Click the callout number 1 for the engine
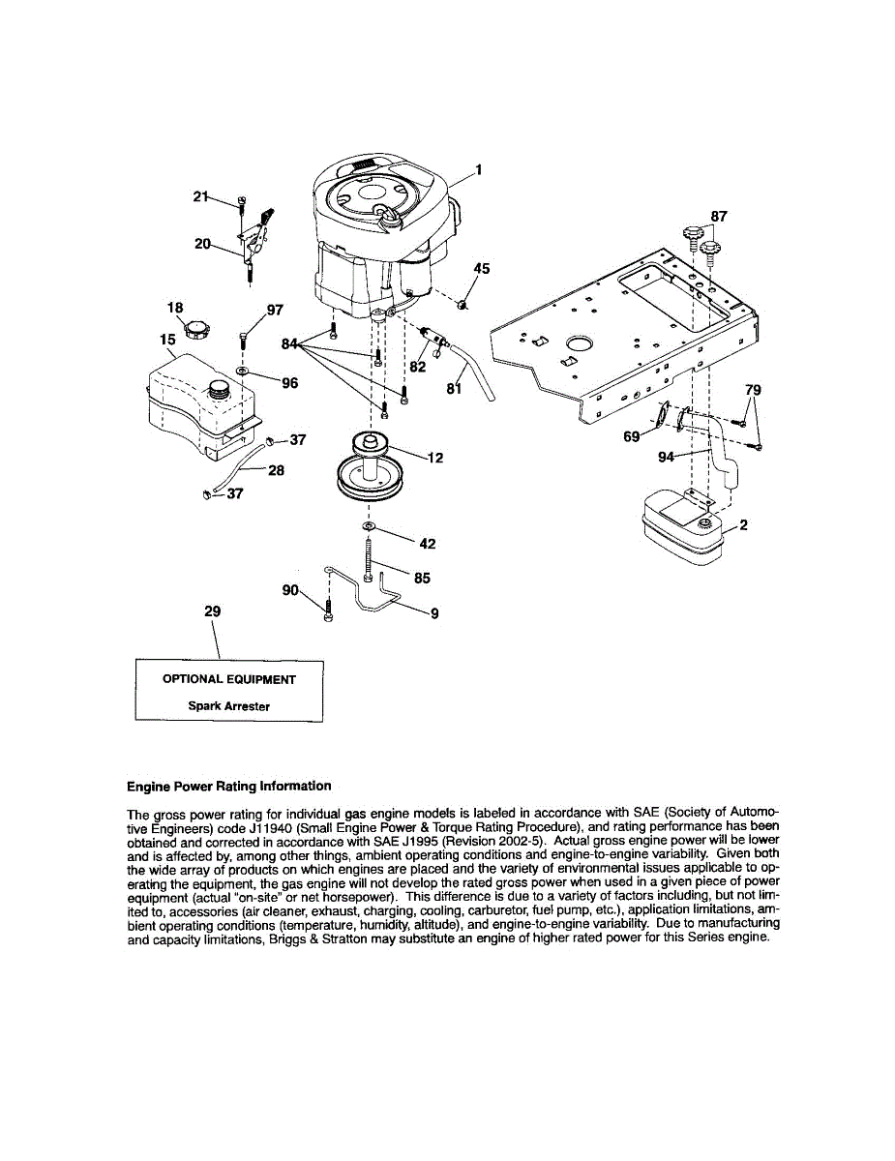(479, 170)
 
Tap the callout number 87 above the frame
(719, 217)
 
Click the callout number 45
(481, 269)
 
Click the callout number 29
(213, 611)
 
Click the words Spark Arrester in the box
(228, 706)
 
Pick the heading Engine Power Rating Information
(228, 786)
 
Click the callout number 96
(289, 383)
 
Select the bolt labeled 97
(243, 340)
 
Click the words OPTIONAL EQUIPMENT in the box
(228, 679)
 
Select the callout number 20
(202, 244)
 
